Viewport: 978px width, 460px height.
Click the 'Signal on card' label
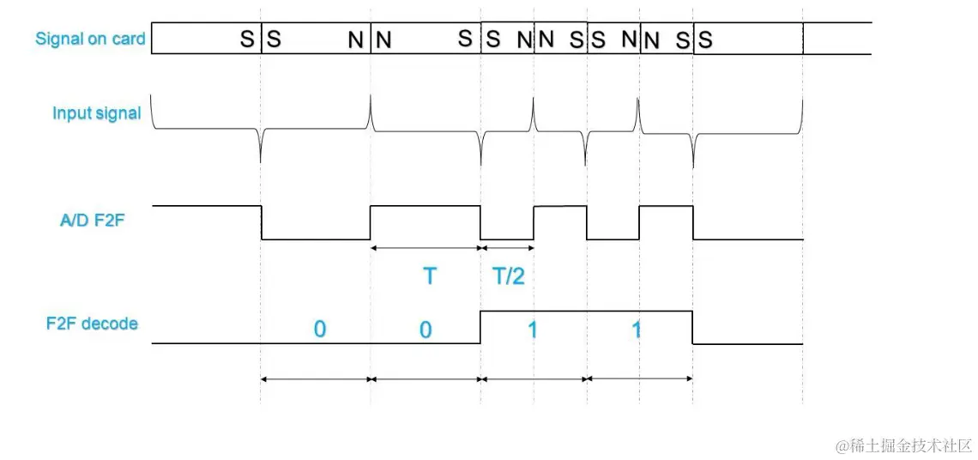[x=90, y=39]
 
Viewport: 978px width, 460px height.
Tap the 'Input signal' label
[x=96, y=113]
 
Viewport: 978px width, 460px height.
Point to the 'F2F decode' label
[x=92, y=324]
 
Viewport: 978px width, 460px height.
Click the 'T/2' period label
[x=509, y=276]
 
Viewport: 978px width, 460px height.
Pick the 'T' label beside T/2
[x=430, y=276]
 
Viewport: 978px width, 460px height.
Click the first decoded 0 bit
[x=319, y=330]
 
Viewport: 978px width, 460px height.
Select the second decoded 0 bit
[x=426, y=330]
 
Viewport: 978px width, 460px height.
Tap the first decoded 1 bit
[x=532, y=330]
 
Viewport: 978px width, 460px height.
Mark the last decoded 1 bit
[x=636, y=330]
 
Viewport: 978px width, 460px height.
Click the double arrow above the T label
[x=426, y=248]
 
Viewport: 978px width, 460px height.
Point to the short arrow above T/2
[x=507, y=248]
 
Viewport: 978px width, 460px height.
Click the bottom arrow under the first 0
[x=315, y=378]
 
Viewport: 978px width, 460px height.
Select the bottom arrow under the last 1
[x=640, y=378]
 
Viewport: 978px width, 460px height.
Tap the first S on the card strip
[x=246, y=39]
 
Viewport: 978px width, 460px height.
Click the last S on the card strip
[x=705, y=39]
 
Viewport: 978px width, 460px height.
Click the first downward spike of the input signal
[x=261, y=150]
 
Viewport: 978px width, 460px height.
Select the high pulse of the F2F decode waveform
[x=586, y=312]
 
